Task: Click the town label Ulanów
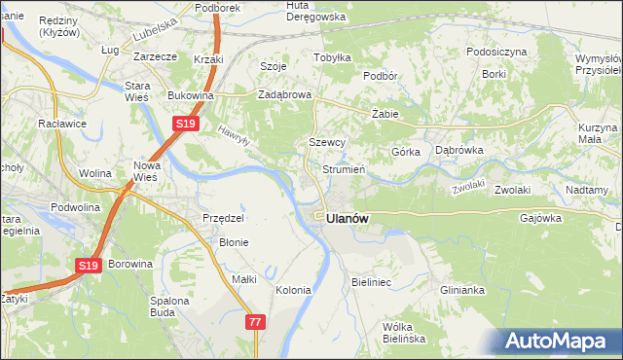coord(348,220)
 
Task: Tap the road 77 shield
coord(255,322)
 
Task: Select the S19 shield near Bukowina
coord(187,124)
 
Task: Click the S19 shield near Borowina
coord(88,265)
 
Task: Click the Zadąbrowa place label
coord(283,95)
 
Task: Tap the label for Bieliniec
coord(371,281)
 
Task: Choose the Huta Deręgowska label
coord(311,11)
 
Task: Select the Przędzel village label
coord(221,218)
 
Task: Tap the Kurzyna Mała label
coord(598,134)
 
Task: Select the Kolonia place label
coord(293,290)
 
